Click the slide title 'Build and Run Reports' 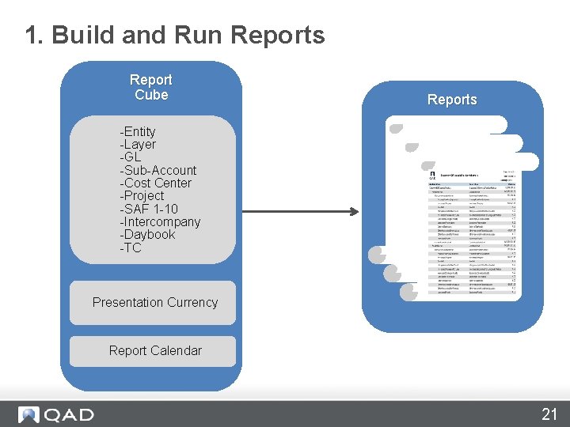187,35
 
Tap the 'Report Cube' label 150,87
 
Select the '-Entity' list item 138,131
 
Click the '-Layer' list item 138,145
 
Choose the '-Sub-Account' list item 158,170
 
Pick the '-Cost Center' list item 155,183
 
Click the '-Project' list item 142,195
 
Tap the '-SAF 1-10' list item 149,209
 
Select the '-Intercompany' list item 160,221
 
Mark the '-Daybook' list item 147,235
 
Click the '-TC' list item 131,248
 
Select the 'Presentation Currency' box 154,303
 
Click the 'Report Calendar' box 154,351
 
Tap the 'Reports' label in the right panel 452,100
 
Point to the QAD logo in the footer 56,414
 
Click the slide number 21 549,414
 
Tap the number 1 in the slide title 32,35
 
